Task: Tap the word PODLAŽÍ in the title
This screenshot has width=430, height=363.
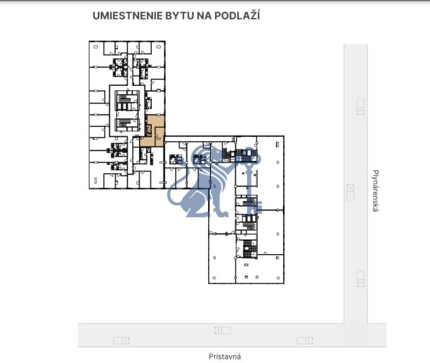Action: tap(237, 16)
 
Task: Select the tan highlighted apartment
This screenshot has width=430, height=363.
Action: tap(154, 131)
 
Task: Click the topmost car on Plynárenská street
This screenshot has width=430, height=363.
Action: tap(361, 106)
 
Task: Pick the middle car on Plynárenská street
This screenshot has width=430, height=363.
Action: tap(350, 192)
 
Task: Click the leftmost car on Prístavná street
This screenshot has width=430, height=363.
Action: tap(121, 341)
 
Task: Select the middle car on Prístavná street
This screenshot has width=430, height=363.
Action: tap(222, 330)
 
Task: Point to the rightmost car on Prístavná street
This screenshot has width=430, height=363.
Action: tap(305, 341)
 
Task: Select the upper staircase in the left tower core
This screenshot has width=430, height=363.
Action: tap(126, 100)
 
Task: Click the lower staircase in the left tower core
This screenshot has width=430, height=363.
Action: tap(126, 124)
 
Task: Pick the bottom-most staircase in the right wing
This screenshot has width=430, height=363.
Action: tap(250, 247)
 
